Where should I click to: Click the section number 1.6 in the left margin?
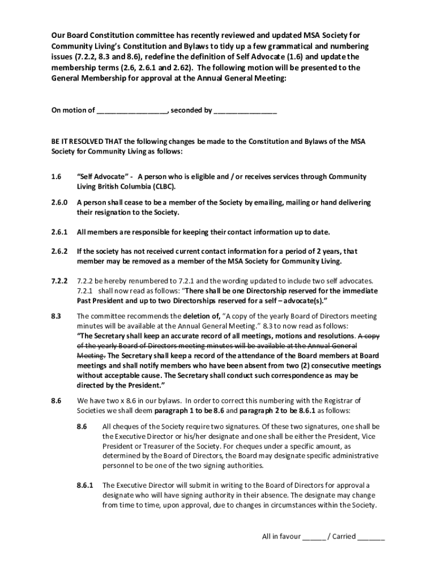click(x=56, y=177)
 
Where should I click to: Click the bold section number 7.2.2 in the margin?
click(x=59, y=281)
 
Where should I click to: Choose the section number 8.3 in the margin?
click(x=56, y=316)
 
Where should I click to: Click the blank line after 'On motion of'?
click(x=132, y=111)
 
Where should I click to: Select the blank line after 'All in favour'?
click(x=314, y=537)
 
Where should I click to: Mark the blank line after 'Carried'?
click(x=371, y=537)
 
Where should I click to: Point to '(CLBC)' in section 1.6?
click(x=164, y=186)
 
